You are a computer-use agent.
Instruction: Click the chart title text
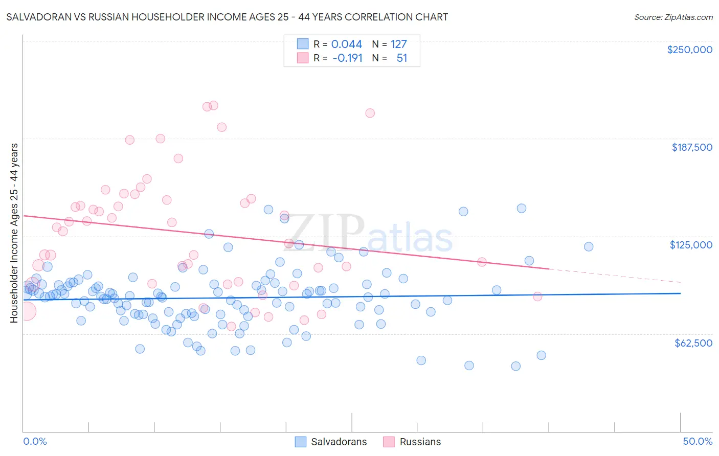click(x=227, y=17)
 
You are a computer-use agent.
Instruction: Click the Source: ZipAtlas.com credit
click(x=673, y=17)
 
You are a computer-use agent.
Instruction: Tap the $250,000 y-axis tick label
click(x=689, y=50)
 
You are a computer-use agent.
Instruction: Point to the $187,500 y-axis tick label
click(x=691, y=147)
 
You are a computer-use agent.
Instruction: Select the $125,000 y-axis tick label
click(x=691, y=245)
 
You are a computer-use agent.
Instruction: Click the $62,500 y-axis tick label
click(x=693, y=343)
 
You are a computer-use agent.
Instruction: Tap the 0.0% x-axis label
click(x=35, y=441)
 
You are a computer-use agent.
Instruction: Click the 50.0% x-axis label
click(x=698, y=441)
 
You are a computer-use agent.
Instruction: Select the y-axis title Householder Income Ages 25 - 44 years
click(x=14, y=233)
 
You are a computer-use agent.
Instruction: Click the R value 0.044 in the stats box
click(x=346, y=44)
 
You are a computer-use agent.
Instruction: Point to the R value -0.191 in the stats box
click(x=347, y=58)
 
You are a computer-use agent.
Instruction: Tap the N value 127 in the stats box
click(x=398, y=44)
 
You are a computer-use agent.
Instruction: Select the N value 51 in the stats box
click(x=402, y=58)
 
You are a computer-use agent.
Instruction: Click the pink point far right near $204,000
click(x=370, y=113)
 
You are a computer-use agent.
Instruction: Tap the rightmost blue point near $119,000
click(x=589, y=246)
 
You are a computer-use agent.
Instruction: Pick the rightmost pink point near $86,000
click(x=537, y=297)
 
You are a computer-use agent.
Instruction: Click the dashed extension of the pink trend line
click(x=614, y=276)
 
